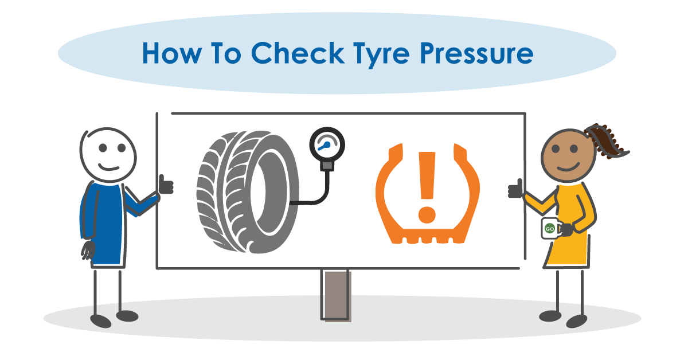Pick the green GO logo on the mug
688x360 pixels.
click(x=549, y=229)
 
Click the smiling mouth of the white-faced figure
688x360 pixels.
click(x=109, y=166)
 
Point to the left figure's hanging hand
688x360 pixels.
click(x=88, y=249)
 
